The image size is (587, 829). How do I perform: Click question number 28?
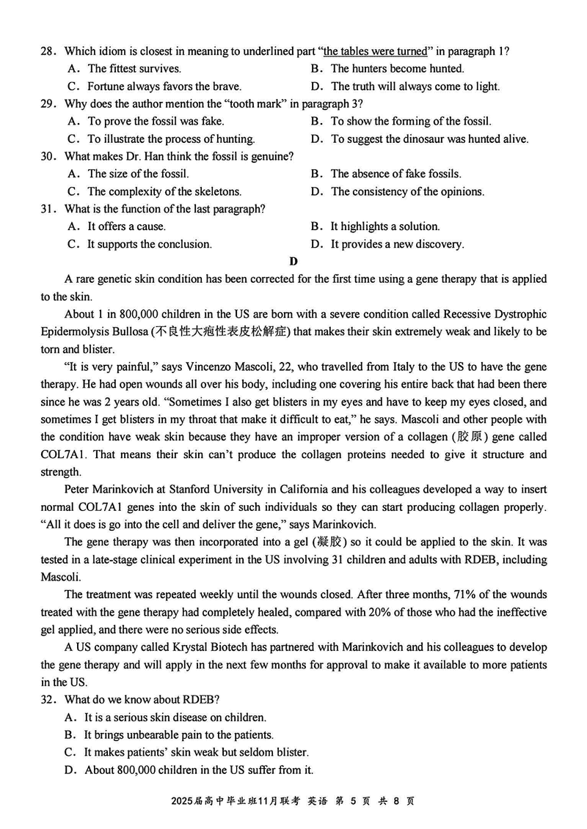48,51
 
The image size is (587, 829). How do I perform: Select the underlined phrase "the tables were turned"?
375,51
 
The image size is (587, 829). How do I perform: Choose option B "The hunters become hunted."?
397,69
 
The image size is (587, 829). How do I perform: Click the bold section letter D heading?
293,262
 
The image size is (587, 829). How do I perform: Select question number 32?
48,700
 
